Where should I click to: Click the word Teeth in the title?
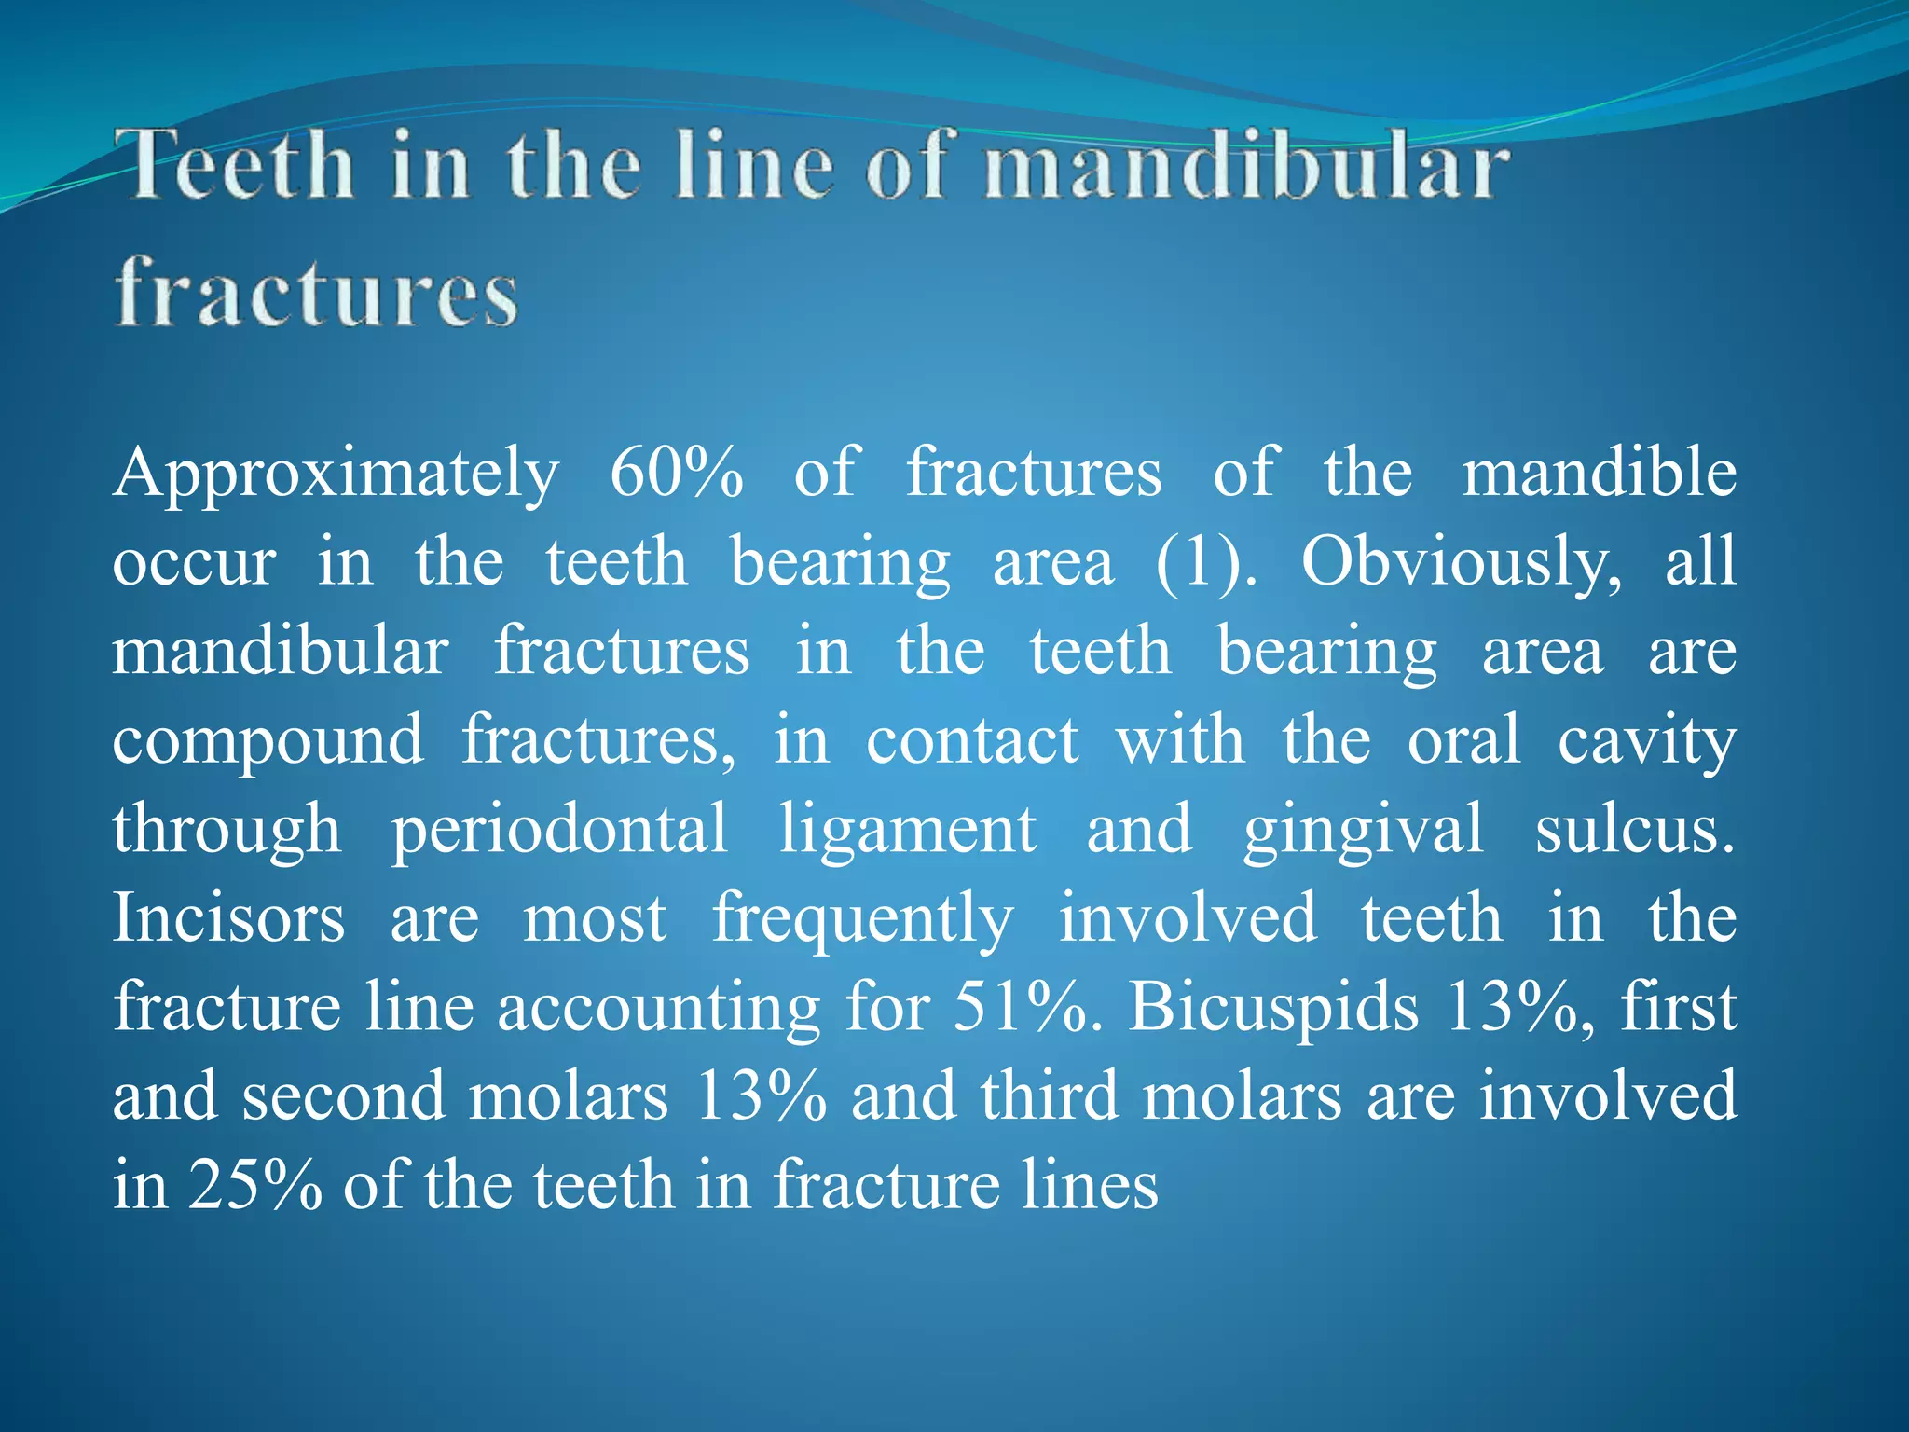pos(240,166)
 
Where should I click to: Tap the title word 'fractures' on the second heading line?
pos(316,294)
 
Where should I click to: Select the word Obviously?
pos(1461,563)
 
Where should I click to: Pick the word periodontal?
pos(559,830)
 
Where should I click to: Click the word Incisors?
pos(229,917)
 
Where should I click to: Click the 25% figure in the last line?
pos(255,1186)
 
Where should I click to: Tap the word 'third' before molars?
pos(1049,1096)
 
